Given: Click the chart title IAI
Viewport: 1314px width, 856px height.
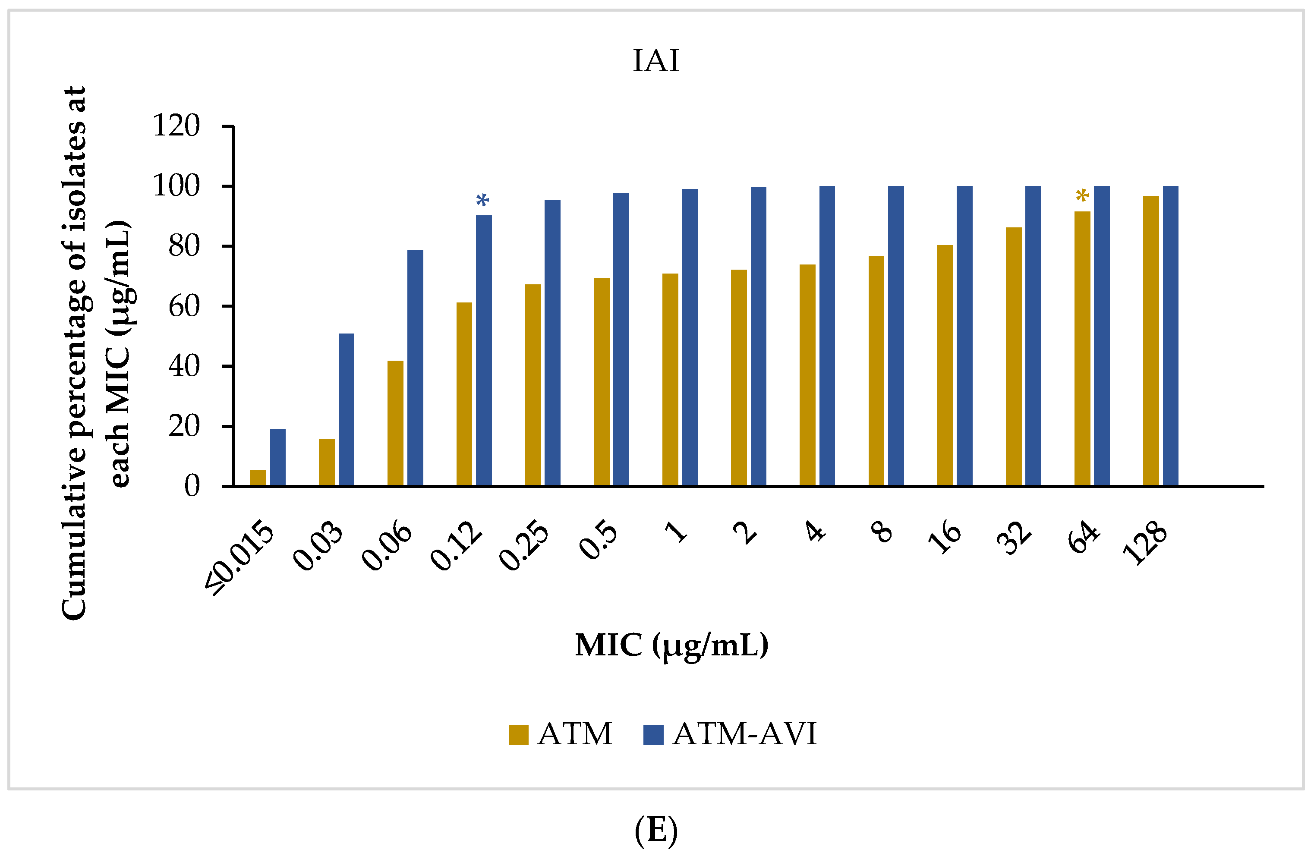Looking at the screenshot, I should [655, 61].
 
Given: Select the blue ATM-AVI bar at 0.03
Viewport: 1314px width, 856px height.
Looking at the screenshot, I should [346, 409].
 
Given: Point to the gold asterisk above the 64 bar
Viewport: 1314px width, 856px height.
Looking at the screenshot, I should [1082, 196].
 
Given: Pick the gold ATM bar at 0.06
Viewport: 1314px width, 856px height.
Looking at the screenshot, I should [395, 423].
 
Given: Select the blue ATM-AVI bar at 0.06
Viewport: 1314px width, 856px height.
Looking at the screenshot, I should [415, 368].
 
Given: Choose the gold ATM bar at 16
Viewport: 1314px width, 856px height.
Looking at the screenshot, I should [945, 365].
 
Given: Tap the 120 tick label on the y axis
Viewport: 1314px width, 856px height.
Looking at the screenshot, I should [176, 126].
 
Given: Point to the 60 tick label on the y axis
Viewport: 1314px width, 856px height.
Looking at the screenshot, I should [184, 306].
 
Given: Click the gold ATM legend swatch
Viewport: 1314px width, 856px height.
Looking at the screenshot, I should [518, 735].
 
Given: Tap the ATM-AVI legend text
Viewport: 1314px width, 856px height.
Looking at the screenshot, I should [744, 734].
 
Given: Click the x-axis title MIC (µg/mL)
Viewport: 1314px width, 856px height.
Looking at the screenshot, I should [671, 644].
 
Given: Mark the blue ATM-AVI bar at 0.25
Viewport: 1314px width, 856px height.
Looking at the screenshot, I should [552, 343].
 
